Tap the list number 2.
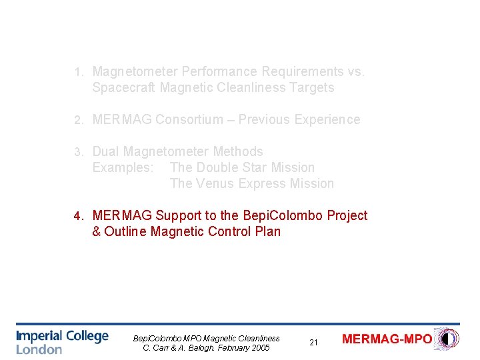pyautogui.click(x=78, y=120)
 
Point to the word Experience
pyautogui.click(x=327, y=119)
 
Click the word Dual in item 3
pyautogui.click(x=106, y=151)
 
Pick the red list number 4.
pyautogui.click(x=78, y=216)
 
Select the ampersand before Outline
pyautogui.click(x=97, y=231)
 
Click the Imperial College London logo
pyautogui.click(x=62, y=341)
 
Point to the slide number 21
pyautogui.click(x=313, y=343)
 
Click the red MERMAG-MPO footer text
pyautogui.click(x=387, y=339)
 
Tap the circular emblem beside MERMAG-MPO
pyautogui.click(x=446, y=339)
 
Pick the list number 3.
pyautogui.click(x=78, y=152)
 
